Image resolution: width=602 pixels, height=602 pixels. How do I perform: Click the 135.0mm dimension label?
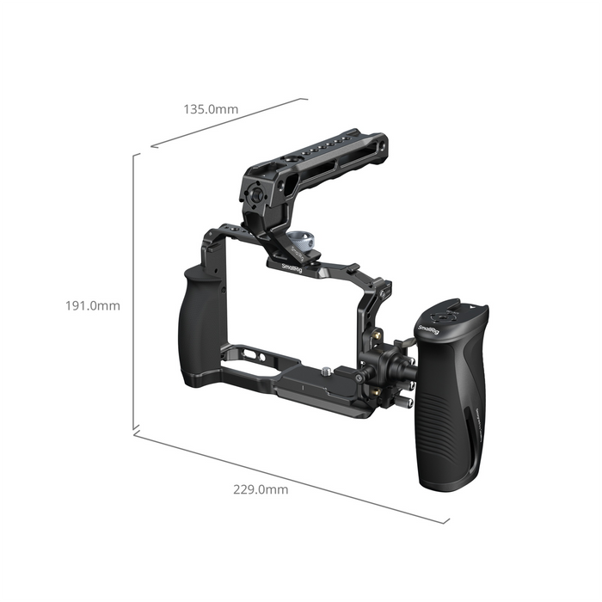[x=211, y=110]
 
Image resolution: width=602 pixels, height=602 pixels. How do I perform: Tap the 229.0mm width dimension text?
[x=261, y=489]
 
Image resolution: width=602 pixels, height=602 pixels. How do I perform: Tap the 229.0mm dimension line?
[x=292, y=476]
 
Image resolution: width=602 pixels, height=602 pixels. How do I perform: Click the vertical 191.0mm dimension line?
[x=135, y=292]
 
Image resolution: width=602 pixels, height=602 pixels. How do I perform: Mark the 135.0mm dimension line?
[x=229, y=122]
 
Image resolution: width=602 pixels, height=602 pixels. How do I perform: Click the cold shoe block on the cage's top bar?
[x=352, y=269]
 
